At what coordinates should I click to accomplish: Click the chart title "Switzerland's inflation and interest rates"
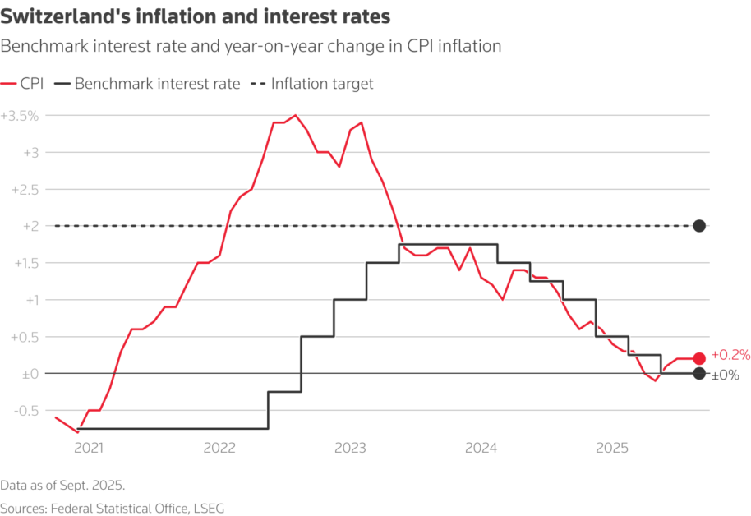coord(196,16)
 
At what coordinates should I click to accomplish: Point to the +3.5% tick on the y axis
coord(20,116)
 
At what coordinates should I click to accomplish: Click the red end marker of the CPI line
coord(699,358)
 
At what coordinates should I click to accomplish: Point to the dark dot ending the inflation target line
coord(699,226)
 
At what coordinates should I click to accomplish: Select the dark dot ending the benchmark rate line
coord(699,374)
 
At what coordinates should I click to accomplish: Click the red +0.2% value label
coord(730,355)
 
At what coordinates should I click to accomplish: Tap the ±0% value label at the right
coord(725,375)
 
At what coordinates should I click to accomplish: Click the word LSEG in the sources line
coord(207,509)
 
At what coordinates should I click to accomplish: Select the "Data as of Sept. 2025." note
coord(62,484)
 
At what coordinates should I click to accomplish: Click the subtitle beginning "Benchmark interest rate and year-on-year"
coord(251,47)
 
